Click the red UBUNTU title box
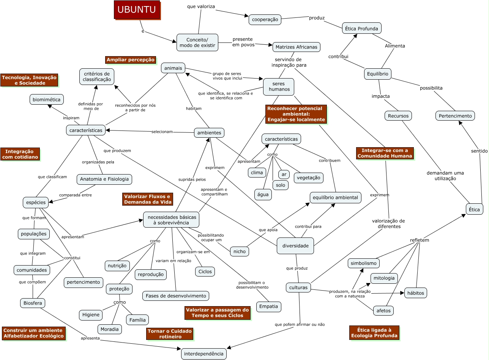[x=137, y=10]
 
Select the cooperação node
[x=265, y=20]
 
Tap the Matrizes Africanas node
[x=296, y=47]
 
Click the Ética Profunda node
[x=361, y=28]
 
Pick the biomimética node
[x=46, y=99]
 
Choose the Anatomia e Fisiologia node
[x=104, y=179]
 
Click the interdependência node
[x=203, y=354]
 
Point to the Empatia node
[x=268, y=307]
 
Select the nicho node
[x=240, y=252]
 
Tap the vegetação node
[x=308, y=178]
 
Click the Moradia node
[x=110, y=329]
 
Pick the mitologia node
[x=384, y=278]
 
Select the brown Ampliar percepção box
[x=131, y=60]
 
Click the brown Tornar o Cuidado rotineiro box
[x=170, y=334]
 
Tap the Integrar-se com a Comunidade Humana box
[x=385, y=153]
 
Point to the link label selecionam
[x=162, y=132]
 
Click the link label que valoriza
[x=201, y=6]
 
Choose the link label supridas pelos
[x=192, y=179]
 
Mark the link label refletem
[x=420, y=240]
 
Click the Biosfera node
[x=33, y=303]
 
